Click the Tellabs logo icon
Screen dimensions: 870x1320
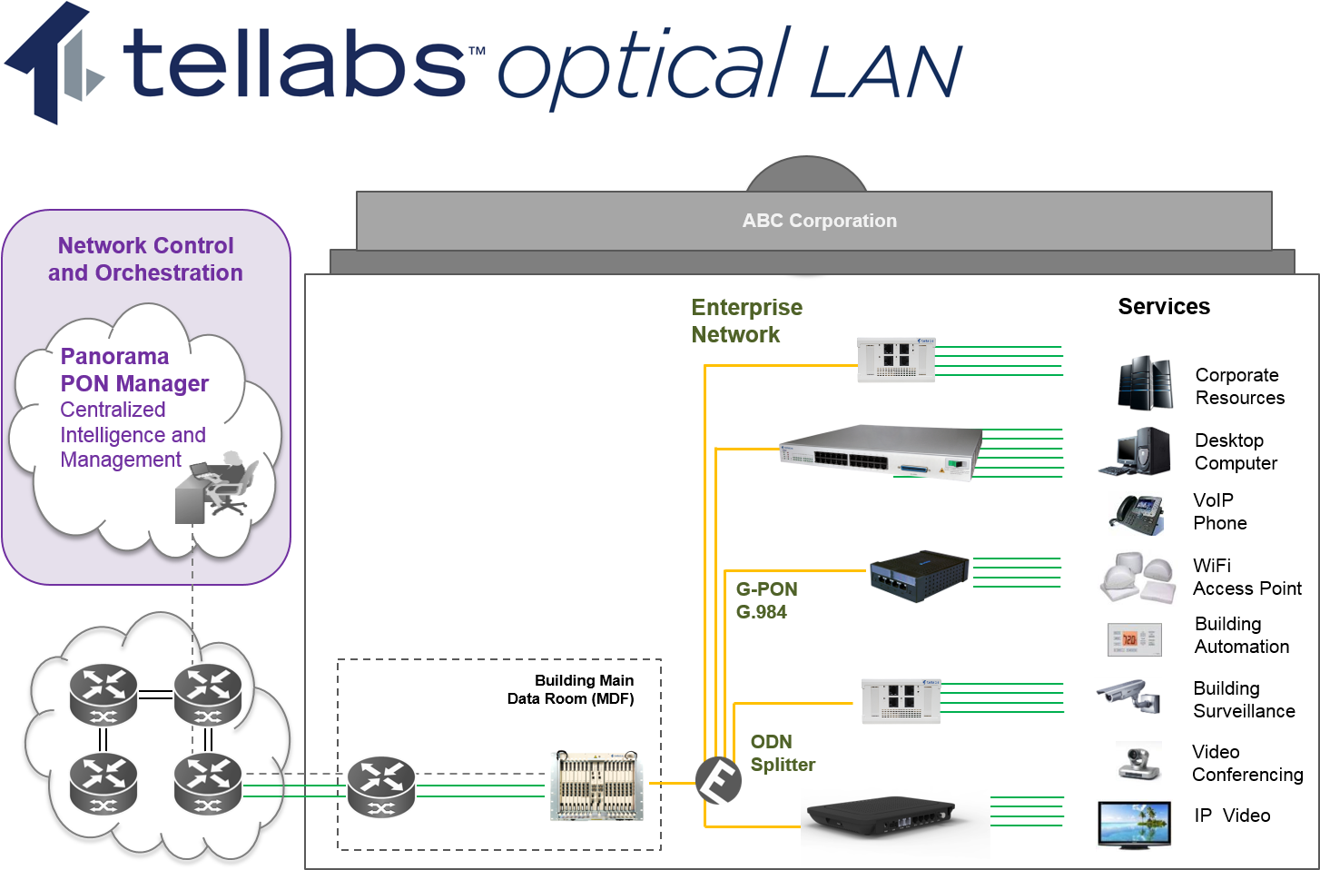tap(54, 64)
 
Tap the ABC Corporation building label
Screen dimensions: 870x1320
tap(819, 221)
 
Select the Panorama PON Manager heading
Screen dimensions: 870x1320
tap(134, 371)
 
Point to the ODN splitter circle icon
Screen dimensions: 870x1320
tap(718, 780)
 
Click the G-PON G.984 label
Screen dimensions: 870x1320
tap(766, 600)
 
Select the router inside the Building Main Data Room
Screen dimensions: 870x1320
tap(381, 786)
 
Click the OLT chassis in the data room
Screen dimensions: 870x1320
tap(596, 786)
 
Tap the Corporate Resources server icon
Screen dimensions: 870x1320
tap(1145, 383)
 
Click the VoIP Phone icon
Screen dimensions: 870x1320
tap(1136, 514)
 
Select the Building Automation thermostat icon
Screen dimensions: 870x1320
tap(1134, 639)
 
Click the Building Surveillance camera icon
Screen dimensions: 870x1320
tap(1129, 697)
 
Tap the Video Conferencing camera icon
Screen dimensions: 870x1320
tap(1138, 762)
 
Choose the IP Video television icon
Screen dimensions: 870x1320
tap(1134, 824)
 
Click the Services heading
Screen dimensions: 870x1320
tap(1164, 307)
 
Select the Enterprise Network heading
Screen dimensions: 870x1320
tap(746, 321)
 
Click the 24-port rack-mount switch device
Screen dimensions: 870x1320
tap(880, 452)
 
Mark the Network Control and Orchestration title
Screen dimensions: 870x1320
tap(145, 259)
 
